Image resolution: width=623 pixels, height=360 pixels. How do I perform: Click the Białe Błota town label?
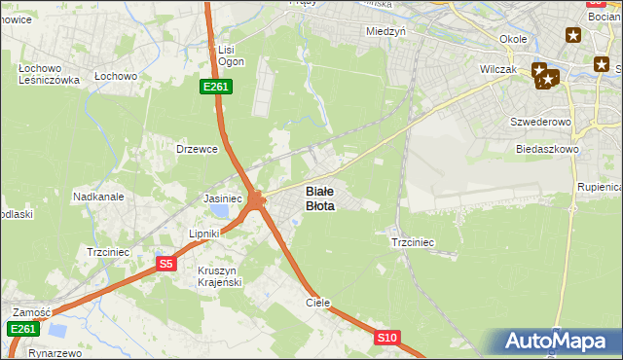click(321, 198)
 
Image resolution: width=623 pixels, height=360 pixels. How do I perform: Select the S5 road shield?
click(165, 263)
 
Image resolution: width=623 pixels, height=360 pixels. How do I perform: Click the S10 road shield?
click(387, 338)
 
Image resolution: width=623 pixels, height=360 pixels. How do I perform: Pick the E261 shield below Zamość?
click(23, 330)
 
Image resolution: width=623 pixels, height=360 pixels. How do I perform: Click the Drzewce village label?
click(195, 149)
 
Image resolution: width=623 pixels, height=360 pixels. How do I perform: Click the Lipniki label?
click(205, 234)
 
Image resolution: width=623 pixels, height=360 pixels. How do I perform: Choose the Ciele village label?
click(318, 303)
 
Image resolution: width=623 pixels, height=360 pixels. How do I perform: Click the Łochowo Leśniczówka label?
click(49, 74)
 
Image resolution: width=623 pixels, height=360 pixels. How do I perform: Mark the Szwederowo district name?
click(539, 123)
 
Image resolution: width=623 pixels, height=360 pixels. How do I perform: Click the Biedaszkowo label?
click(548, 150)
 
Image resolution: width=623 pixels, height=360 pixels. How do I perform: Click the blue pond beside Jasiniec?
click(222, 210)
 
